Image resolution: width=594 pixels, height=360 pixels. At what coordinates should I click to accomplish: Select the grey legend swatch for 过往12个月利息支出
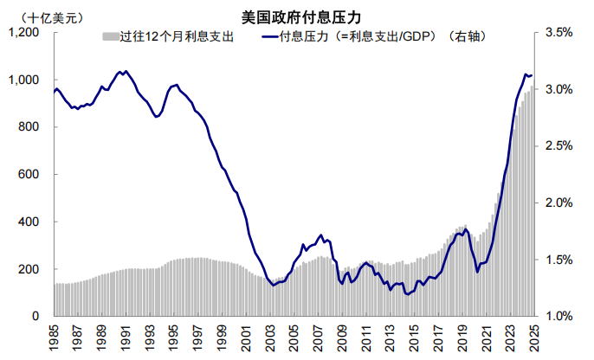pyautogui.click(x=110, y=36)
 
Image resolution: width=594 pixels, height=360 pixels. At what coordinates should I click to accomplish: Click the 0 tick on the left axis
pyautogui.click(x=36, y=317)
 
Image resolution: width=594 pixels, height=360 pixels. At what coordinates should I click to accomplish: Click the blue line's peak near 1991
pyautogui.click(x=126, y=71)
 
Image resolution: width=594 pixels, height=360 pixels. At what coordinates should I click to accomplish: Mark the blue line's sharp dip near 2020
pyautogui.click(x=477, y=272)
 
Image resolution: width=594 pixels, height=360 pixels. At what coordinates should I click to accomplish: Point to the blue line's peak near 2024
pyautogui.click(x=525, y=74)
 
